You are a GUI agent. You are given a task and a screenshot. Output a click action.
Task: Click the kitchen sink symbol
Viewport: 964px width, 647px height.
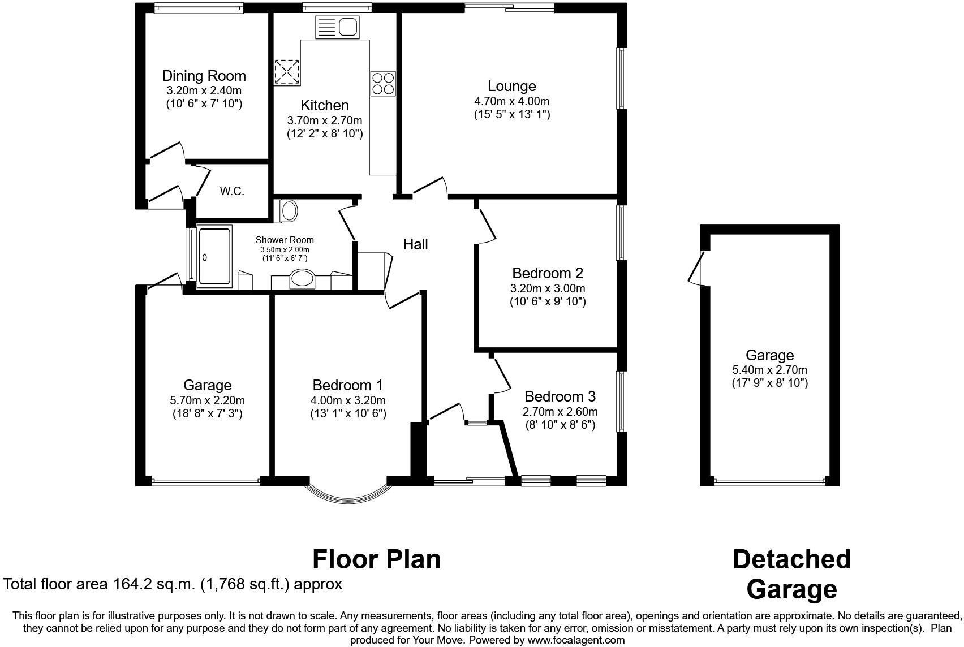[x=338, y=27]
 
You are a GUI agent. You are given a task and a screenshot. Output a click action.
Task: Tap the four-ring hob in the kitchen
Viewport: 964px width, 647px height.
[x=383, y=83]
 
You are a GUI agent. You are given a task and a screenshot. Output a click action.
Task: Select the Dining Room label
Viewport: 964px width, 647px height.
[x=204, y=76]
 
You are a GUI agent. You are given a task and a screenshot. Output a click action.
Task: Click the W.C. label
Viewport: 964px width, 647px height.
[x=232, y=191]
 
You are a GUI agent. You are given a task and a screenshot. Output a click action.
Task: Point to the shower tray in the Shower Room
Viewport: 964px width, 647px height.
[x=214, y=256]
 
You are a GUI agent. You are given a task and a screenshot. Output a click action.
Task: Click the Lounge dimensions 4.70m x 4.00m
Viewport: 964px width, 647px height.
[x=511, y=101]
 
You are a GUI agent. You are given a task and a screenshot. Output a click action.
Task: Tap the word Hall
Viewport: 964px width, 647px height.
[x=415, y=244]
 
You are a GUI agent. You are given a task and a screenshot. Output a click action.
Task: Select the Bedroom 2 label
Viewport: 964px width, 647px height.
[x=547, y=273]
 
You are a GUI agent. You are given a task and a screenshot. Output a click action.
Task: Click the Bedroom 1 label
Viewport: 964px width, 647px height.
[x=347, y=385]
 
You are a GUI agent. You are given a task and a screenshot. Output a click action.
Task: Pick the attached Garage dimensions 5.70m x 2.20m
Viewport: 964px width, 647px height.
[x=207, y=400]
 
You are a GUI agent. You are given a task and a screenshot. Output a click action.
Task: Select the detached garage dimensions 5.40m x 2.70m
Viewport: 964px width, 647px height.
[x=769, y=370]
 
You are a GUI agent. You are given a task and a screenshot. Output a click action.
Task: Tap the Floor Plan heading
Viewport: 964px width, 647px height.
[x=376, y=559]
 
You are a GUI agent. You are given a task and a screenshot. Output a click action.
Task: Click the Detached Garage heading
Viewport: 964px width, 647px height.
[x=791, y=573]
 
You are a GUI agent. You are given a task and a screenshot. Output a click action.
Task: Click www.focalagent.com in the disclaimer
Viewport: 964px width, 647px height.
[x=576, y=640]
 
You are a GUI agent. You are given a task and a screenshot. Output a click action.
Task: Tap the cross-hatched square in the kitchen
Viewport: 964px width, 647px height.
[x=287, y=72]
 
